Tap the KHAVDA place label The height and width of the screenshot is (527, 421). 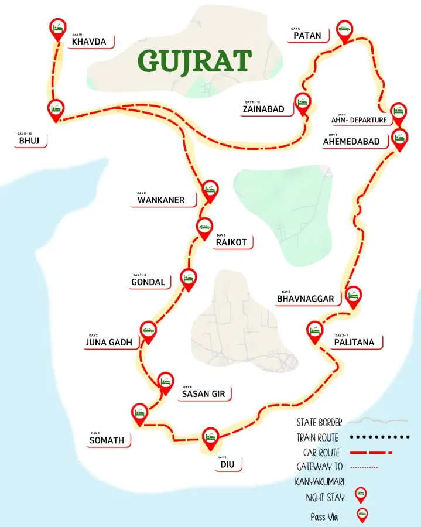pos(89,42)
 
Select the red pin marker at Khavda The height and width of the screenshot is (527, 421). pos(57,29)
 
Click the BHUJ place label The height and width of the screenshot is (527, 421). pos(29,141)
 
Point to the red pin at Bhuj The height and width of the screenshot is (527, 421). pos(56,109)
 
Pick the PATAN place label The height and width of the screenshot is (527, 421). pos(307,36)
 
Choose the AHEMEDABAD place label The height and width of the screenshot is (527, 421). pos(351,141)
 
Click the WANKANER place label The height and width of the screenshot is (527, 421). pos(160,200)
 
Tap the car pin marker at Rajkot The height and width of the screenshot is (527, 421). pos(204,228)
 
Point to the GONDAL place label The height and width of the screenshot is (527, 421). pos(150,282)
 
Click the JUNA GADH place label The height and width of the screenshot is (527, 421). pos(109,343)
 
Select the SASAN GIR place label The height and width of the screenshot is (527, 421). pos(203,394)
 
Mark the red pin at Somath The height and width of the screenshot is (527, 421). pos(139,412)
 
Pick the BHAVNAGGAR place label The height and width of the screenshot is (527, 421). pos(306,299)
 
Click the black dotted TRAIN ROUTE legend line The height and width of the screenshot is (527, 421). pos(378,437)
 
